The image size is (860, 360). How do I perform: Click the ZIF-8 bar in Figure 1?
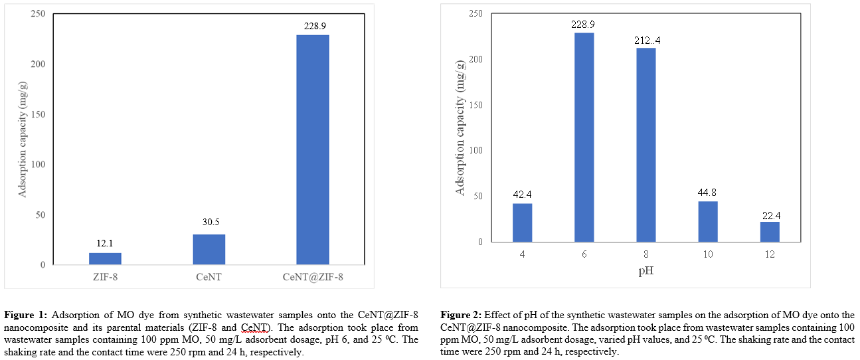coord(105,258)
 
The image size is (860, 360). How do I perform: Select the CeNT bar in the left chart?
coord(209,250)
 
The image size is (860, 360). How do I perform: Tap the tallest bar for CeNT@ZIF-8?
coord(312,149)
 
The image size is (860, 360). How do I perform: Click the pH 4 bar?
coord(522,223)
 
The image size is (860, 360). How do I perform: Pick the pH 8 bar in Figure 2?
coord(646,145)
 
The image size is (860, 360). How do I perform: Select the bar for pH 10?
coord(708,222)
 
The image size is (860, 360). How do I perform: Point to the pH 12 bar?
coord(770,232)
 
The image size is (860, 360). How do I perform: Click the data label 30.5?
coord(209,224)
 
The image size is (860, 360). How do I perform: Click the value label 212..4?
coord(646,41)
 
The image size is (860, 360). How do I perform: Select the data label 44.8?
coord(708,194)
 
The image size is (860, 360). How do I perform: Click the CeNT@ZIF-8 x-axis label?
coord(312,276)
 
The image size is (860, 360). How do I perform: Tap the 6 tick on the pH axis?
coord(584,254)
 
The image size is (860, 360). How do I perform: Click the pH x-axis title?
coord(645,271)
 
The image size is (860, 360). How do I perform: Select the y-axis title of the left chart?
coord(23,139)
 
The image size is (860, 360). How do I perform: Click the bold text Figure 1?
coord(26,314)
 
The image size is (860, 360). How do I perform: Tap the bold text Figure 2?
coord(462,314)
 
